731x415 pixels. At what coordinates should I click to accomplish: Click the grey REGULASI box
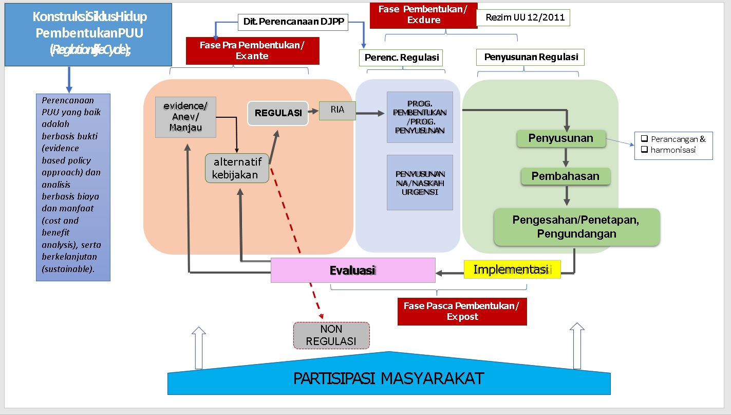point(278,113)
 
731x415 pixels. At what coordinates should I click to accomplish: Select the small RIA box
point(337,111)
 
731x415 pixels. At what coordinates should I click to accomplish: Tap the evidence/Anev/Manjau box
point(185,117)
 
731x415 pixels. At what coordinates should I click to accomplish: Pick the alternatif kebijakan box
point(237,168)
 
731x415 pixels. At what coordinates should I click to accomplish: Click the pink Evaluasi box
point(353,270)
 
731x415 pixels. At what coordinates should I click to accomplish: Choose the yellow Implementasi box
point(512,269)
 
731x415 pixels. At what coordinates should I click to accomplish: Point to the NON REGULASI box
point(331,335)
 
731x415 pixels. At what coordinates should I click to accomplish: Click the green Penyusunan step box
point(561,138)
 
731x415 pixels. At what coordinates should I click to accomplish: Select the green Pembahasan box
point(566,176)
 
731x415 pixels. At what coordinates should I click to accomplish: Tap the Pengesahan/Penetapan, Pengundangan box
point(576,227)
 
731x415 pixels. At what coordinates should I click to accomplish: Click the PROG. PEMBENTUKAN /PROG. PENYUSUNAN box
point(420,117)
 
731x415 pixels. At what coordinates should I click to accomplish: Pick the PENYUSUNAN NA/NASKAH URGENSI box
point(420,183)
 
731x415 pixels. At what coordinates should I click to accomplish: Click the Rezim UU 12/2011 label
point(523,17)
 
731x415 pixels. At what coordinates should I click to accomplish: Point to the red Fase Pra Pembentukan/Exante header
point(252,50)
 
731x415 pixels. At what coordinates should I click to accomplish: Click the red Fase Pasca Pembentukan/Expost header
point(462,311)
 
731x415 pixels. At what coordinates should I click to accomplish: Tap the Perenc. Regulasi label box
point(402,58)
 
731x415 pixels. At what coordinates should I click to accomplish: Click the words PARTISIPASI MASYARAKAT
point(388,378)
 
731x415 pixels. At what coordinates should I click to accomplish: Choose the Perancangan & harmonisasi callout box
point(673,145)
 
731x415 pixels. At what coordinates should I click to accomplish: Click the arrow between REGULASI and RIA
point(313,111)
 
